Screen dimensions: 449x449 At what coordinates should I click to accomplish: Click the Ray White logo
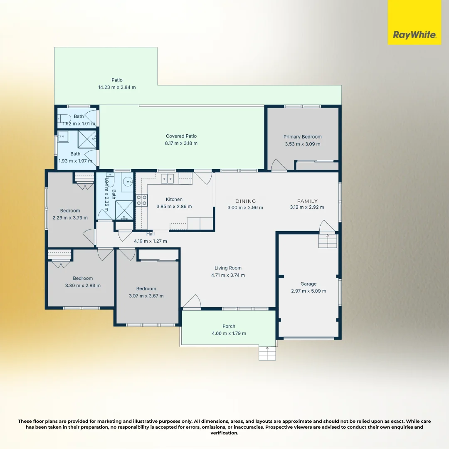point(414,35)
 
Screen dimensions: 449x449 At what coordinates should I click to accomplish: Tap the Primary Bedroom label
point(303,137)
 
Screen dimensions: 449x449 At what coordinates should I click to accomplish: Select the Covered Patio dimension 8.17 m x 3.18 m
point(181,143)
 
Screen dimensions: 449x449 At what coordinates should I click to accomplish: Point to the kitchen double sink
point(168,179)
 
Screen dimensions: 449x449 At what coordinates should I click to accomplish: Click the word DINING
point(245,201)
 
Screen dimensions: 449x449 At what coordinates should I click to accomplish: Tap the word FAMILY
point(307,201)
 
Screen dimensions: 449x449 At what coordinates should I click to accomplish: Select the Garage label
point(308,284)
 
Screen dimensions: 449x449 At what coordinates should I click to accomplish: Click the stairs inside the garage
point(327,241)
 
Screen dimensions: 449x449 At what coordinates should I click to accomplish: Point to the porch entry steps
point(267,354)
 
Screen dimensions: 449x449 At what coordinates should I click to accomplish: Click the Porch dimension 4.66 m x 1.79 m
point(229,333)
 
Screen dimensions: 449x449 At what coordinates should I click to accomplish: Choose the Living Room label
point(228,268)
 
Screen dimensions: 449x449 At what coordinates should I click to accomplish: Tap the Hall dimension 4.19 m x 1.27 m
point(150,241)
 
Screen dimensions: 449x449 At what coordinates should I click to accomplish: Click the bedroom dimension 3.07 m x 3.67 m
point(146,296)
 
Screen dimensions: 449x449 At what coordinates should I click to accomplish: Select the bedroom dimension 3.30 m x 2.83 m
point(83,286)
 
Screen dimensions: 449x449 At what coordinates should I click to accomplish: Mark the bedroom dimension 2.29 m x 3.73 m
point(70,218)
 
